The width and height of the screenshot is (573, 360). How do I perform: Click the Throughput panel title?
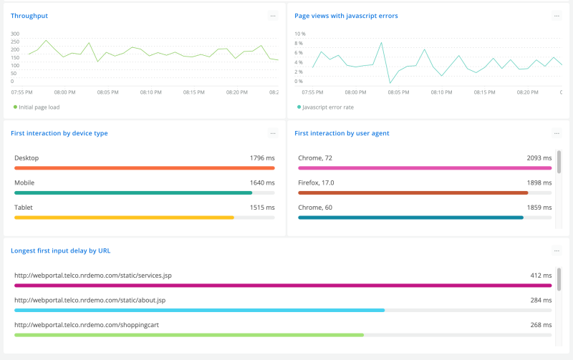coord(29,16)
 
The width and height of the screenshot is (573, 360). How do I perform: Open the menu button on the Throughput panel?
coord(273,16)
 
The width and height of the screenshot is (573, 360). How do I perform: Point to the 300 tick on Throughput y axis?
coord(16,34)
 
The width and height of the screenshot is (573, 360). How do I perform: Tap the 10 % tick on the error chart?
coord(300,34)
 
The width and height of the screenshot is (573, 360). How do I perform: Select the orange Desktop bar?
coord(144,168)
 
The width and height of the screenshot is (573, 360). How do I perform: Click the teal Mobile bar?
coord(133,193)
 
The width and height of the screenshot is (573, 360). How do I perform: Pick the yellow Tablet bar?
coord(124,217)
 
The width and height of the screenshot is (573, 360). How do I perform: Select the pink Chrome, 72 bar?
coord(425,168)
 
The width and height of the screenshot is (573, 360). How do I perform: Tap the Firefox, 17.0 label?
coord(316,183)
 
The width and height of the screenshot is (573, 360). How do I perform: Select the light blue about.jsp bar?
coord(199,310)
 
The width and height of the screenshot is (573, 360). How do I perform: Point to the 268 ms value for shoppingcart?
coord(541,324)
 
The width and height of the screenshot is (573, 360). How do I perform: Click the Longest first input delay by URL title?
coord(61,250)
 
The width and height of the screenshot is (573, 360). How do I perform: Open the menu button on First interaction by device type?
coord(273,133)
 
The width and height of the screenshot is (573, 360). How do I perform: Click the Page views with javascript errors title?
coord(346,16)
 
